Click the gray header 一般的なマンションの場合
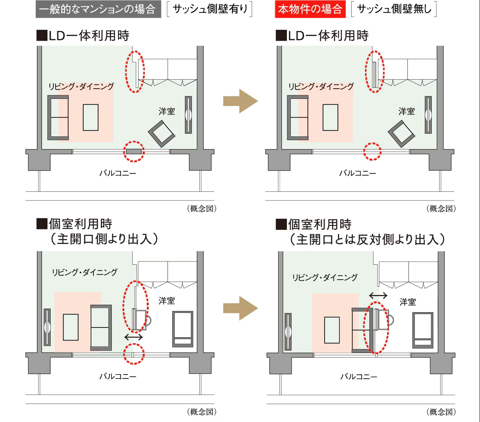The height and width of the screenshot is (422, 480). pyautogui.click(x=98, y=9)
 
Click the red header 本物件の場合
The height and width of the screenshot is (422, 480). pyautogui.click(x=310, y=9)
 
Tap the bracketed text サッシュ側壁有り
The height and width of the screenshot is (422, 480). pyautogui.click(x=210, y=9)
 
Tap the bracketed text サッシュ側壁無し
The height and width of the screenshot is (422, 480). pyautogui.click(x=394, y=9)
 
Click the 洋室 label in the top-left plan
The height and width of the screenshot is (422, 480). pyautogui.click(x=167, y=111)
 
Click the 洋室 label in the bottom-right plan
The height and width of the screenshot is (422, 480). pyautogui.click(x=408, y=302)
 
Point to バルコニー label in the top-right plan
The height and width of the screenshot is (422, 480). pyautogui.click(x=358, y=173)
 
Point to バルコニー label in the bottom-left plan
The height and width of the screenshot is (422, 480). pyautogui.click(x=118, y=377)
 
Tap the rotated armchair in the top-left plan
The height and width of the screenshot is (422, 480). pyautogui.click(x=162, y=134)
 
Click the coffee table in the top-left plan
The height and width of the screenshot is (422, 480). pyautogui.click(x=91, y=117)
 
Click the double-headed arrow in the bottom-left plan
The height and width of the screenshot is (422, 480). pyautogui.click(x=134, y=337)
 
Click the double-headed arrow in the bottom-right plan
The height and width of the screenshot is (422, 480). pyautogui.click(x=378, y=295)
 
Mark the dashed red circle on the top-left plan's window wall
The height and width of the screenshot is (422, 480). pyautogui.click(x=134, y=151)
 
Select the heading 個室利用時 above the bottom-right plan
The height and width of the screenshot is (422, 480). pyautogui.click(x=319, y=225)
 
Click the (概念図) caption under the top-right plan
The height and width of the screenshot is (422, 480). pyautogui.click(x=441, y=209)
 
